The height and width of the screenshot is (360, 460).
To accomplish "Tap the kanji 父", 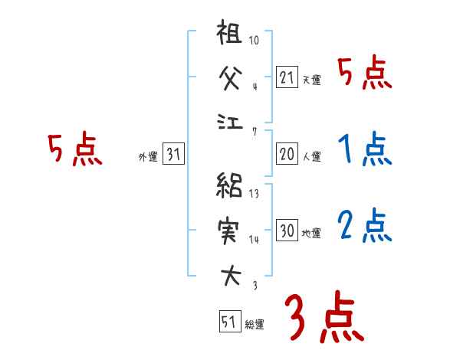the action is tap(230, 77).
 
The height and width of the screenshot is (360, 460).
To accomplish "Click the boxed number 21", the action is tap(287, 77).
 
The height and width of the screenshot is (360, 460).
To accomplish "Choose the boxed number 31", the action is tap(173, 155).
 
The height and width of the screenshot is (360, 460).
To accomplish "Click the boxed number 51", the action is tap(228, 322).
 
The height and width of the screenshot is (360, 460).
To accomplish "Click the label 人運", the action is tap(311, 157).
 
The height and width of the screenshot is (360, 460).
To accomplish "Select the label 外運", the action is tap(148, 157).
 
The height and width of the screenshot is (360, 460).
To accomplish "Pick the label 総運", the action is tap(255, 325).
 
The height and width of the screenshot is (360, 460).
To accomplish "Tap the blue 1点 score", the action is tap(364, 149).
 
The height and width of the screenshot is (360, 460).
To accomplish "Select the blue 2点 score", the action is tap(364, 226).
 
